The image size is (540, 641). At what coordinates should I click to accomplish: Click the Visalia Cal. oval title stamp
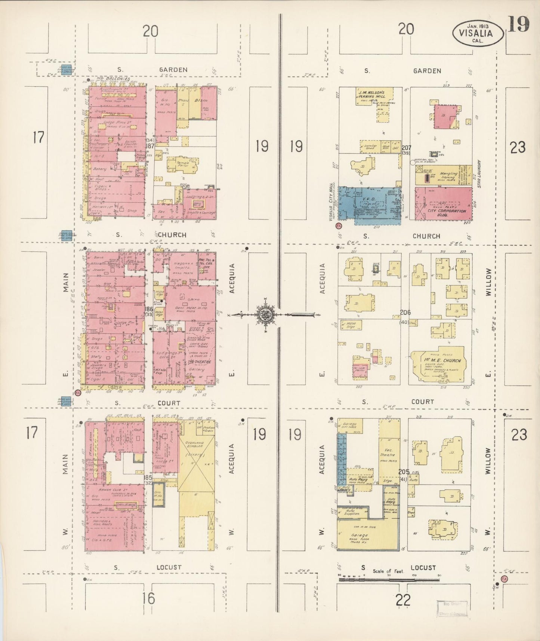478,33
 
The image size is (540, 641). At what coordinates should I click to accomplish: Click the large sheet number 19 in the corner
518,25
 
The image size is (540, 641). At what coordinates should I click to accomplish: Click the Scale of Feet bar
389,580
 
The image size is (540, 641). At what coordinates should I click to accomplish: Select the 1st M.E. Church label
442,361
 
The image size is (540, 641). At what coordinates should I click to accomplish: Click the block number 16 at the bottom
148,599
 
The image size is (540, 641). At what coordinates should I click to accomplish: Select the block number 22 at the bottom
402,600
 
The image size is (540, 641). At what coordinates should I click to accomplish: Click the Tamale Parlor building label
183,165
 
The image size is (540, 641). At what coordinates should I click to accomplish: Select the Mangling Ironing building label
448,176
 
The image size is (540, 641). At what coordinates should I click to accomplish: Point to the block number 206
405,312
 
